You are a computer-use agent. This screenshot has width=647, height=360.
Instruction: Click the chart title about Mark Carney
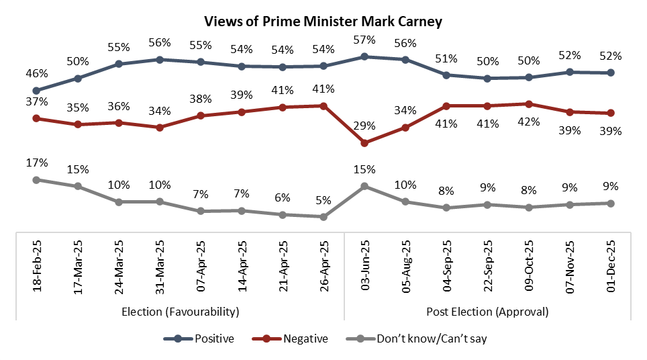click(x=323, y=21)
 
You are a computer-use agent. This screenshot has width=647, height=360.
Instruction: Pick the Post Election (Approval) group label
click(x=487, y=312)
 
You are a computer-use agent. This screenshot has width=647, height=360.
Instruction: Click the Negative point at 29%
click(x=364, y=143)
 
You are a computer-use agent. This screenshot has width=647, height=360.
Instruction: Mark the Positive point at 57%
click(x=364, y=56)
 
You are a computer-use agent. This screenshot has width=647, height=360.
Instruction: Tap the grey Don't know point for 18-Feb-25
click(x=36, y=179)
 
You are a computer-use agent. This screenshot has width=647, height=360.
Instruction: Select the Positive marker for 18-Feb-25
click(x=36, y=91)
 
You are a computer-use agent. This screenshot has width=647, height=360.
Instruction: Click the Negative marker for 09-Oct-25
click(x=529, y=104)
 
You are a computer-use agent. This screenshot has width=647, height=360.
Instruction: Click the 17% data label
click(x=38, y=163)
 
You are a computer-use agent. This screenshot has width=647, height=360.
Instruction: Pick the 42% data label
click(x=530, y=122)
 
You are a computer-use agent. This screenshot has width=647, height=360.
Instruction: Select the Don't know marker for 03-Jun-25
click(x=364, y=186)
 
